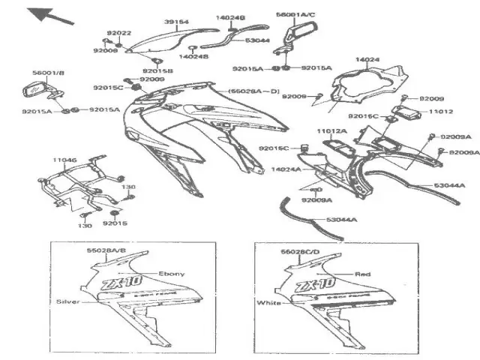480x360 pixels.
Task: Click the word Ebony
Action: point(172,274)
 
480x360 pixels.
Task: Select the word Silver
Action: point(67,301)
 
